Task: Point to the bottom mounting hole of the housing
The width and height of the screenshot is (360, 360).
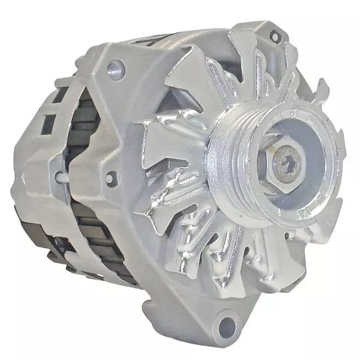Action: pyautogui.click(x=227, y=325)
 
